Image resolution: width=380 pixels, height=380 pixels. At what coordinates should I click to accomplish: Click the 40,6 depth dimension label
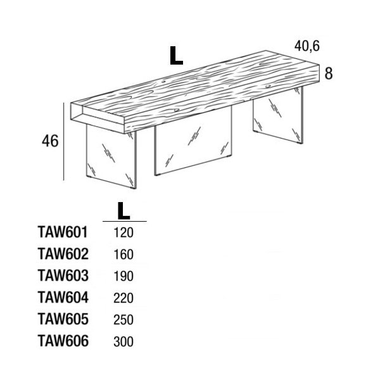coord(307,46)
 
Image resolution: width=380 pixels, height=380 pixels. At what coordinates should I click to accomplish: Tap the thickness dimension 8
coord(328,73)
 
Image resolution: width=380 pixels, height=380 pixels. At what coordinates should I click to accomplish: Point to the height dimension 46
coord(50,141)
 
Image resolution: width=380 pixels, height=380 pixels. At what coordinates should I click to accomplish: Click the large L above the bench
coord(176,56)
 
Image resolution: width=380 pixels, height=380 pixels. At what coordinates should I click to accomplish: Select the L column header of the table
coord(124,211)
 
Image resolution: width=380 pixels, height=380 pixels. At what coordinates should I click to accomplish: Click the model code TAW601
coord(63,232)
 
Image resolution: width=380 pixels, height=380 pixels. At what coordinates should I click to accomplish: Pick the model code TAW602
coord(63,254)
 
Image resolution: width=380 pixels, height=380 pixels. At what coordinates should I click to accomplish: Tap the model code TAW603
coord(63,275)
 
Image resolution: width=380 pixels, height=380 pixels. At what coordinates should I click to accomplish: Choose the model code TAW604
coord(63,298)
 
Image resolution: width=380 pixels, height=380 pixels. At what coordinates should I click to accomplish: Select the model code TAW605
coord(63,319)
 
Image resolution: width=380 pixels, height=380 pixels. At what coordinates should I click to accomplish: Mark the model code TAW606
coord(63,341)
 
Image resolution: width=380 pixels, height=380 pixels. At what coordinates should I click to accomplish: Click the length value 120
coord(123,232)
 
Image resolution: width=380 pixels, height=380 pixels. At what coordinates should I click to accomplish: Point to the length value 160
coord(123,255)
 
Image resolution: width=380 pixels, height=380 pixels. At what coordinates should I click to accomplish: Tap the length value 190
coord(123,276)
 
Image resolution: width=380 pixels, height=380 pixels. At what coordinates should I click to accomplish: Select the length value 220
coord(123,298)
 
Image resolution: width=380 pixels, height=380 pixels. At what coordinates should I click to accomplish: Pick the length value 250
coord(123,320)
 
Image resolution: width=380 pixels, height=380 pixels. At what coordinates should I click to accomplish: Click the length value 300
coord(123,342)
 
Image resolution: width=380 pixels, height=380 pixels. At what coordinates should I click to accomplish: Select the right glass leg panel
coord(278,116)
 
